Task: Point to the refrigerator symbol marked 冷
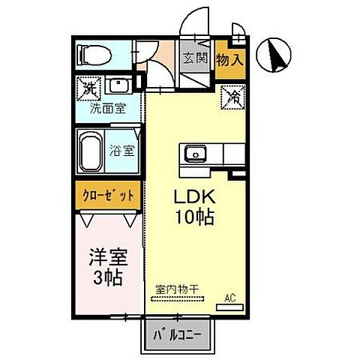click(232, 97)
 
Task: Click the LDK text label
click(195, 197)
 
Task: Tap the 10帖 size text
click(195, 218)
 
